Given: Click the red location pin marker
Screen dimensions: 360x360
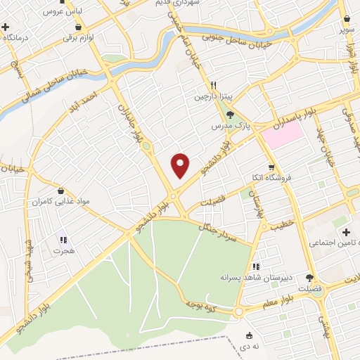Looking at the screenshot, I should pos(181,165).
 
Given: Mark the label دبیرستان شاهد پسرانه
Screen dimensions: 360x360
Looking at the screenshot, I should pos(252,278).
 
